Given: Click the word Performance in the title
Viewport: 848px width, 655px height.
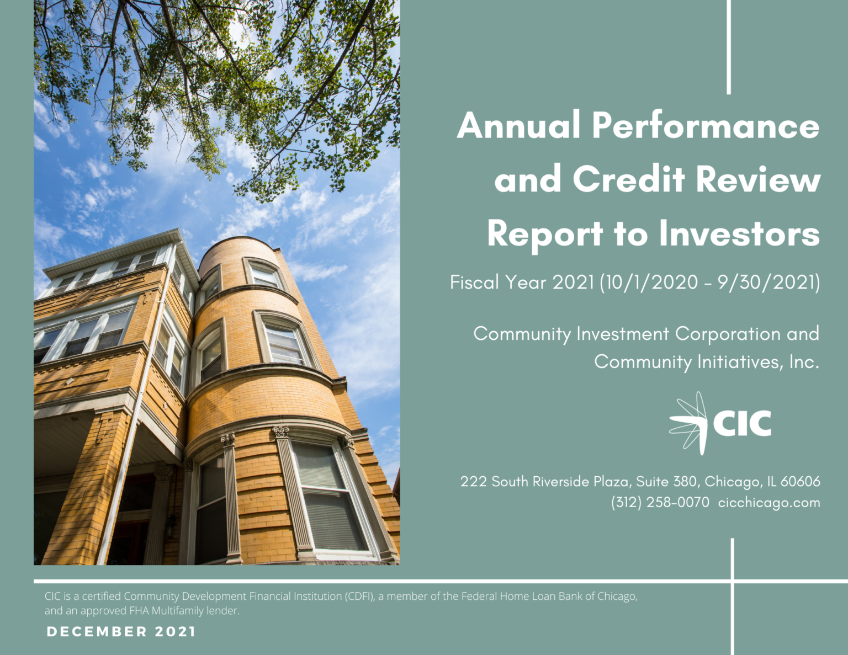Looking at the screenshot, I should (706, 126).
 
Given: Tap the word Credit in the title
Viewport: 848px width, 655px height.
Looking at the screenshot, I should (629, 180).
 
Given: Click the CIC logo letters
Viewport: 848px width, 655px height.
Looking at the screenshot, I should (742, 424).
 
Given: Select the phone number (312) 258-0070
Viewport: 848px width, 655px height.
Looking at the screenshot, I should (660, 503).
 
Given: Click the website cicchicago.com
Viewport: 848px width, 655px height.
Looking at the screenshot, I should (769, 503).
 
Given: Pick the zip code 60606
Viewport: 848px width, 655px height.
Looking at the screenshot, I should (801, 482).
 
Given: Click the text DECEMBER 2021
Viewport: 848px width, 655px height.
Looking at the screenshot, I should (121, 632).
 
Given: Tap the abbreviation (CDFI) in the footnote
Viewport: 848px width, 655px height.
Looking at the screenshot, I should (359, 597).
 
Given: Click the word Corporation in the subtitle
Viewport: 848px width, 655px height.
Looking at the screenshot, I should (728, 334).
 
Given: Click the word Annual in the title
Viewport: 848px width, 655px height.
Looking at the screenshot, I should (519, 126).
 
